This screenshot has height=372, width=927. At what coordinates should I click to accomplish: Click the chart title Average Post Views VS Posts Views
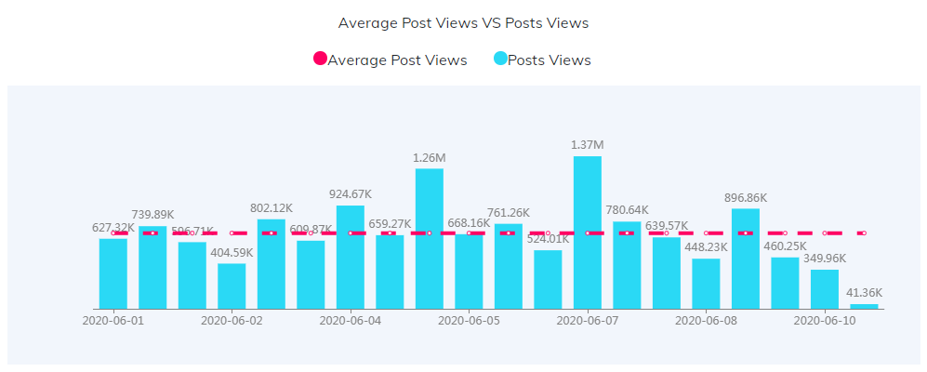pyautogui.click(x=463, y=22)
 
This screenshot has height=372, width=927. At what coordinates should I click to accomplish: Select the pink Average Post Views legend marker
pyautogui.click(x=320, y=60)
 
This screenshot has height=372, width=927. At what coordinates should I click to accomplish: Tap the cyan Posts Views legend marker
pyautogui.click(x=500, y=60)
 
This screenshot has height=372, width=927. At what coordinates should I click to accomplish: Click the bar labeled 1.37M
pyautogui.click(x=587, y=232)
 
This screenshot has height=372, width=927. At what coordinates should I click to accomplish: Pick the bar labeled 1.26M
pyautogui.click(x=429, y=239)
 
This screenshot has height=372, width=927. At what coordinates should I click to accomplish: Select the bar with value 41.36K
pyautogui.click(x=864, y=306)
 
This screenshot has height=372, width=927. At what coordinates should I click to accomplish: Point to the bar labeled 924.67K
pyautogui.click(x=350, y=258)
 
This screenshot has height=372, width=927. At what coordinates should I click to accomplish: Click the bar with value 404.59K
pyautogui.click(x=232, y=286)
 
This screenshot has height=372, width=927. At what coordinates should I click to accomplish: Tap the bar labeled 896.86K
pyautogui.click(x=745, y=259)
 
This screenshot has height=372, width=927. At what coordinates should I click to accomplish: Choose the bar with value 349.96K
pyautogui.click(x=824, y=289)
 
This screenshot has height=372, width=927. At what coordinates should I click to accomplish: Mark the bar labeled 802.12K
pyautogui.click(x=271, y=264)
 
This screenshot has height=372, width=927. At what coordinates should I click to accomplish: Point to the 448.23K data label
pyautogui.click(x=706, y=247)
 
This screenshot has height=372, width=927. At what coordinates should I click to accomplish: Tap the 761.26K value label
pyautogui.click(x=508, y=213)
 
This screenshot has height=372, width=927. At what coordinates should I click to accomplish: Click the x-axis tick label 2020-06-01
pyautogui.click(x=113, y=320)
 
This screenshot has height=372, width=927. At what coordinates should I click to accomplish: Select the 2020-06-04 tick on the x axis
pyautogui.click(x=350, y=320)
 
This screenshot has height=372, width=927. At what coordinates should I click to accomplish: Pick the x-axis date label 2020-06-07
pyautogui.click(x=587, y=320)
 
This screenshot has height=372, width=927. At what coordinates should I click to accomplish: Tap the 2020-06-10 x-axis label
pyautogui.click(x=824, y=320)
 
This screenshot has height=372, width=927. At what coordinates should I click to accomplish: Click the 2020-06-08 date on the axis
pyautogui.click(x=706, y=320)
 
